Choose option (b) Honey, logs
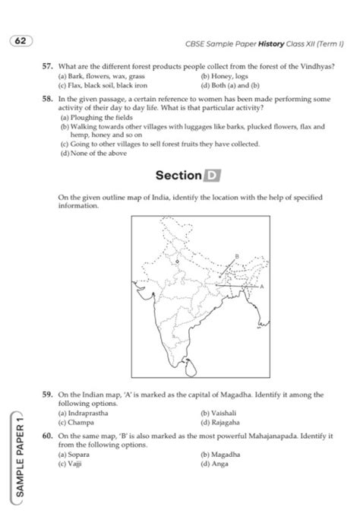223,77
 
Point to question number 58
48,99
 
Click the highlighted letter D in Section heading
212,176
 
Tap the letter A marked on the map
263,287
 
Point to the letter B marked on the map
238,256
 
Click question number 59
48,396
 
